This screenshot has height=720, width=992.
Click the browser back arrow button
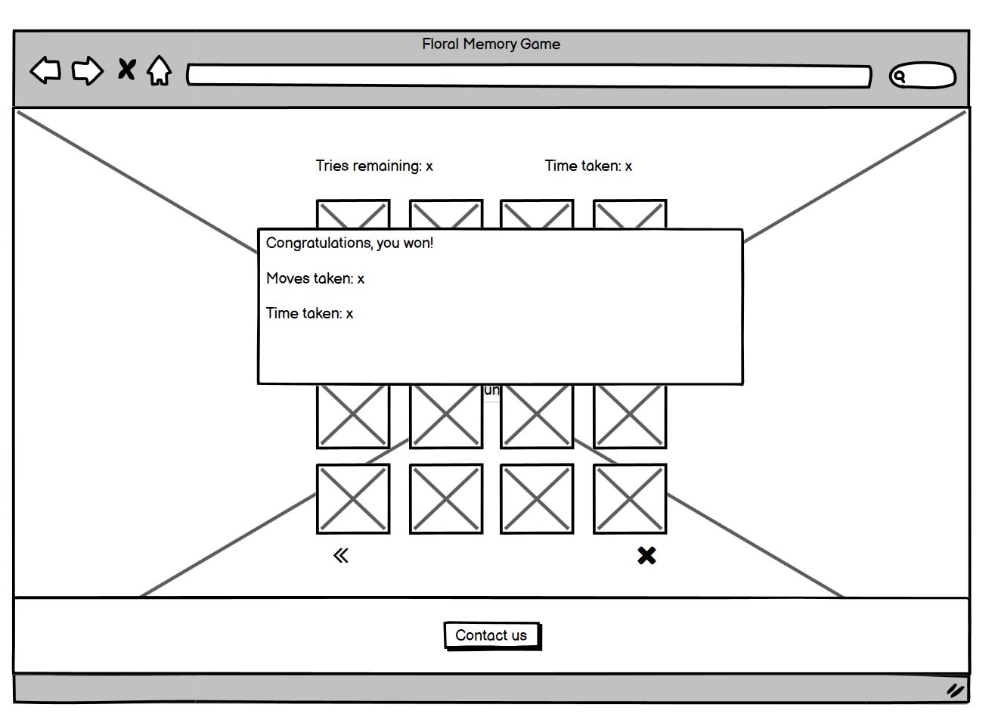pyautogui.click(x=45, y=70)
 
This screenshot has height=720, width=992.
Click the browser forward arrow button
pyautogui.click(x=88, y=71)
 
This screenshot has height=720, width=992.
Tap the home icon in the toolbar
pyautogui.click(x=159, y=71)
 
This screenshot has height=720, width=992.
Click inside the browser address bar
pyautogui.click(x=529, y=76)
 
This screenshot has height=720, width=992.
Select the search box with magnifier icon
pyautogui.click(x=922, y=76)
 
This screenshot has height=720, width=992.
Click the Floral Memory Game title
pyautogui.click(x=491, y=44)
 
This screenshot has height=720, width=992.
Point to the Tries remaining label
pyautogui.click(x=374, y=166)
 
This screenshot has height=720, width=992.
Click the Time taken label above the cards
pyautogui.click(x=588, y=166)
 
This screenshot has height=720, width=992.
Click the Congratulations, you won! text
pyautogui.click(x=349, y=243)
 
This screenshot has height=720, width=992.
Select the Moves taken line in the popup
pyautogui.click(x=315, y=278)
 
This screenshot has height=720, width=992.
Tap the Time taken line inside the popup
pyautogui.click(x=309, y=313)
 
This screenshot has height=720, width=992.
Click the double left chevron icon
pyautogui.click(x=341, y=556)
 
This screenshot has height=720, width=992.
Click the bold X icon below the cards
pyautogui.click(x=646, y=556)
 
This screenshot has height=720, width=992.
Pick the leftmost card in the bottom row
pyautogui.click(x=353, y=499)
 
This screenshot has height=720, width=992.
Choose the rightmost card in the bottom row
pyautogui.click(x=630, y=499)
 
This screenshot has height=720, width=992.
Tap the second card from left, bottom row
pyautogui.click(x=446, y=499)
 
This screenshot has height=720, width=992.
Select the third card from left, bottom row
pyautogui.click(x=537, y=499)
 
